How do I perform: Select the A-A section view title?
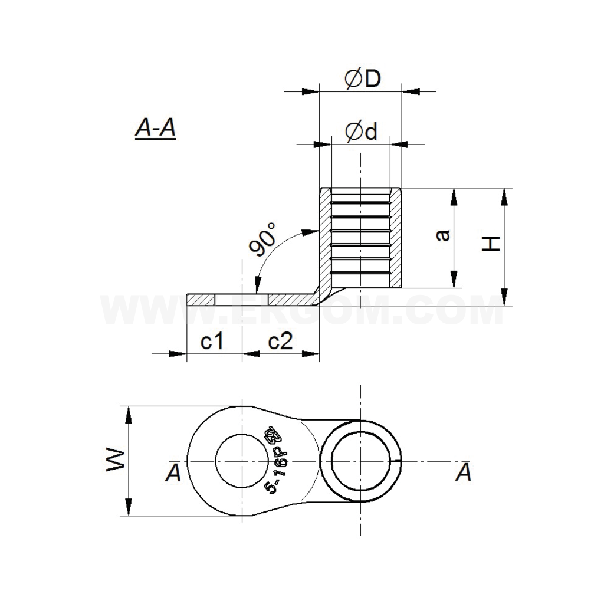(156, 127)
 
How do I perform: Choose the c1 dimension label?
(211, 342)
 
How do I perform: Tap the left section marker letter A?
(173, 473)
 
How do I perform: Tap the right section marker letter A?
(464, 472)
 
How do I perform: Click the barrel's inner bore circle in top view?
(361, 460)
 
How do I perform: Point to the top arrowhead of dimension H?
(504, 196)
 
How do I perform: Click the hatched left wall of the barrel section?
(325, 236)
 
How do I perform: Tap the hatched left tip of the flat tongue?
(200, 300)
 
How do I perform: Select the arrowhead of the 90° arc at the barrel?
(310, 232)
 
